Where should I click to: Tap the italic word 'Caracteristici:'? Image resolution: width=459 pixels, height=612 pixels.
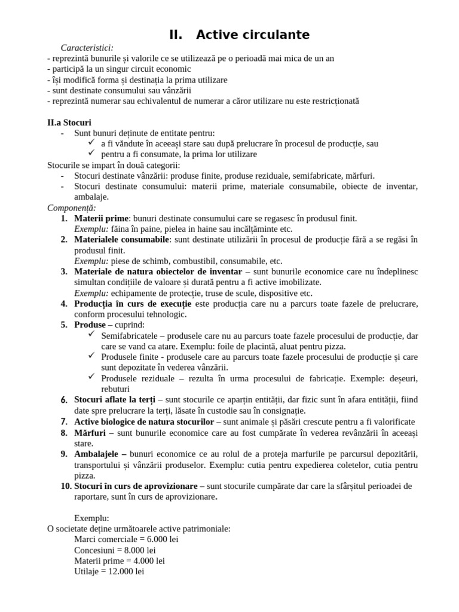(87, 47)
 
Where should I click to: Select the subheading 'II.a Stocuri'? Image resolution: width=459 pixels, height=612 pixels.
(69, 123)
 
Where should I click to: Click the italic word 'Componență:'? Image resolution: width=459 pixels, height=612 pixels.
(71, 207)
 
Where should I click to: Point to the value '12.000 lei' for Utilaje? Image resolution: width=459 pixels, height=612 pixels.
(124, 571)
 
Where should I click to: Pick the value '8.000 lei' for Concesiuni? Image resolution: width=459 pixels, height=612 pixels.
(145, 550)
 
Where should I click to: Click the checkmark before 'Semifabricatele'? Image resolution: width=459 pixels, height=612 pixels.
(91, 335)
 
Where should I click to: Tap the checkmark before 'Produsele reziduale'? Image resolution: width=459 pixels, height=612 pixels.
(91, 377)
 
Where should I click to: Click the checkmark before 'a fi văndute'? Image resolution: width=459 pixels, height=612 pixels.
(91, 143)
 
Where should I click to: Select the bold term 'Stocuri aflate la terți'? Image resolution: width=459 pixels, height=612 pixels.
(114, 400)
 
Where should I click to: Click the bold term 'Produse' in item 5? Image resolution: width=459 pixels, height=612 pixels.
(90, 325)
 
